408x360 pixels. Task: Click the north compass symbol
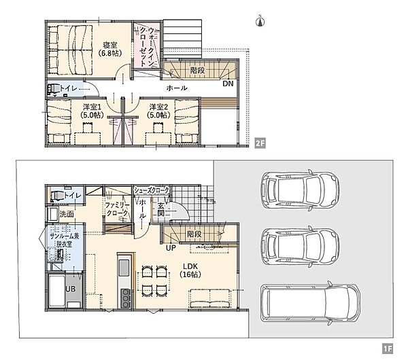pos(260,21)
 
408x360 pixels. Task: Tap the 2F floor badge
pos(260,143)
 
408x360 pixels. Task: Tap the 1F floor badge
pos(388,348)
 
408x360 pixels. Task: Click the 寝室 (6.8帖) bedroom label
pos(110,49)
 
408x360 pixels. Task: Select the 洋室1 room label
pos(92,107)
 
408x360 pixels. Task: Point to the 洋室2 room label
pos(158,107)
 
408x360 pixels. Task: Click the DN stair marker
pos(228,84)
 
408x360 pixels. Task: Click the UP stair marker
pos(171,248)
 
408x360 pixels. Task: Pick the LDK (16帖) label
pos(190,270)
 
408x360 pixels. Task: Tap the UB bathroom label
pos(70,289)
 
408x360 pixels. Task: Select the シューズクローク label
pos(151,190)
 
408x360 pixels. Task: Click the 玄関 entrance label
pos(160,209)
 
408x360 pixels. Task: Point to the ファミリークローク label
pos(117,209)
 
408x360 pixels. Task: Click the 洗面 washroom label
pos(67,214)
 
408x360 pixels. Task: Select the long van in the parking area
pos(311,303)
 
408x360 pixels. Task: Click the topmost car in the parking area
pos(301,190)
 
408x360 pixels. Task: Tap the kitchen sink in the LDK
pos(124,268)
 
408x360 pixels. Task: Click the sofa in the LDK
pos(210,298)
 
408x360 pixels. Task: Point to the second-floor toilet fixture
pos(53,89)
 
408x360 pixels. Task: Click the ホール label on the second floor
pos(177,88)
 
